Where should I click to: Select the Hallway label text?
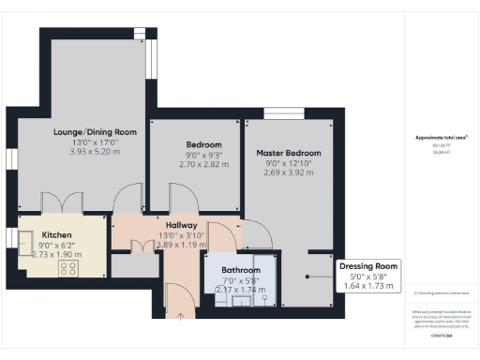click(x=181, y=225)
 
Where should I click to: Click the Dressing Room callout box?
click(x=367, y=274)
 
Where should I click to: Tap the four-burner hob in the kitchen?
click(x=68, y=269)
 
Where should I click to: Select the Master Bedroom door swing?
click(x=257, y=234)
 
